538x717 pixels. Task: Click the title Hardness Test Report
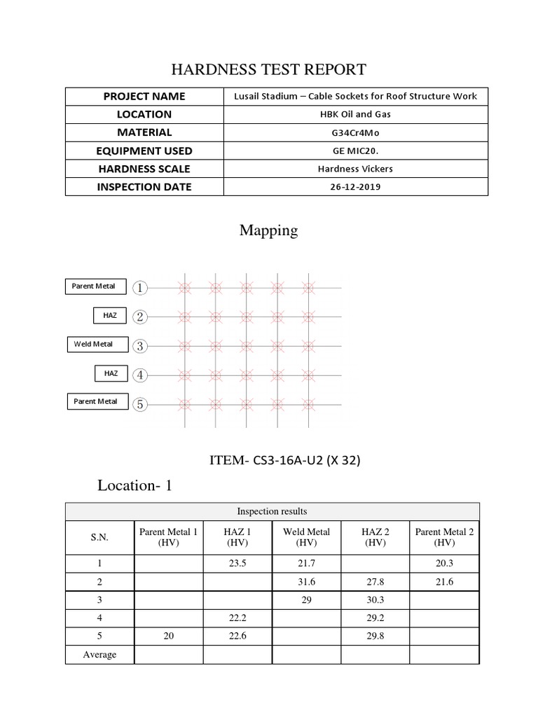(x=269, y=69)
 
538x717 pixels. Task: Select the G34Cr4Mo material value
(x=355, y=132)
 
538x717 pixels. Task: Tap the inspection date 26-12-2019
(x=355, y=187)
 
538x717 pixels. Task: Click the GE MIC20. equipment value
(x=355, y=151)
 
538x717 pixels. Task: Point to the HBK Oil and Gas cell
(x=355, y=114)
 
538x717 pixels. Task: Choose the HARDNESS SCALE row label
(x=144, y=169)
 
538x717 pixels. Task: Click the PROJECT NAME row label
(x=144, y=96)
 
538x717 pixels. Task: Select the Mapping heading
(x=269, y=230)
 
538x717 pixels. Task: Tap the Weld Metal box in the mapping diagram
(x=92, y=344)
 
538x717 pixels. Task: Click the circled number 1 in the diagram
(x=141, y=287)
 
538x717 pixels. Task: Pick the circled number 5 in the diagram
(x=141, y=403)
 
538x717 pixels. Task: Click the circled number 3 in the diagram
(x=141, y=345)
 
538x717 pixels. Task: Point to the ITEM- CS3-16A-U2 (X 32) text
(x=285, y=460)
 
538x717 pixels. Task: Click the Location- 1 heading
(x=135, y=485)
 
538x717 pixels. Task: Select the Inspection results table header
(x=272, y=512)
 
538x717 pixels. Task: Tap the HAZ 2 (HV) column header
(x=375, y=537)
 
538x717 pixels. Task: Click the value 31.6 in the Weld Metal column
(x=306, y=582)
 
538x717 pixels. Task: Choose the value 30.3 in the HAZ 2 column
(x=375, y=600)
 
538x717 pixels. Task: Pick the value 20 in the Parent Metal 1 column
(x=168, y=636)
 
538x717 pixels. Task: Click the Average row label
(x=99, y=655)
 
